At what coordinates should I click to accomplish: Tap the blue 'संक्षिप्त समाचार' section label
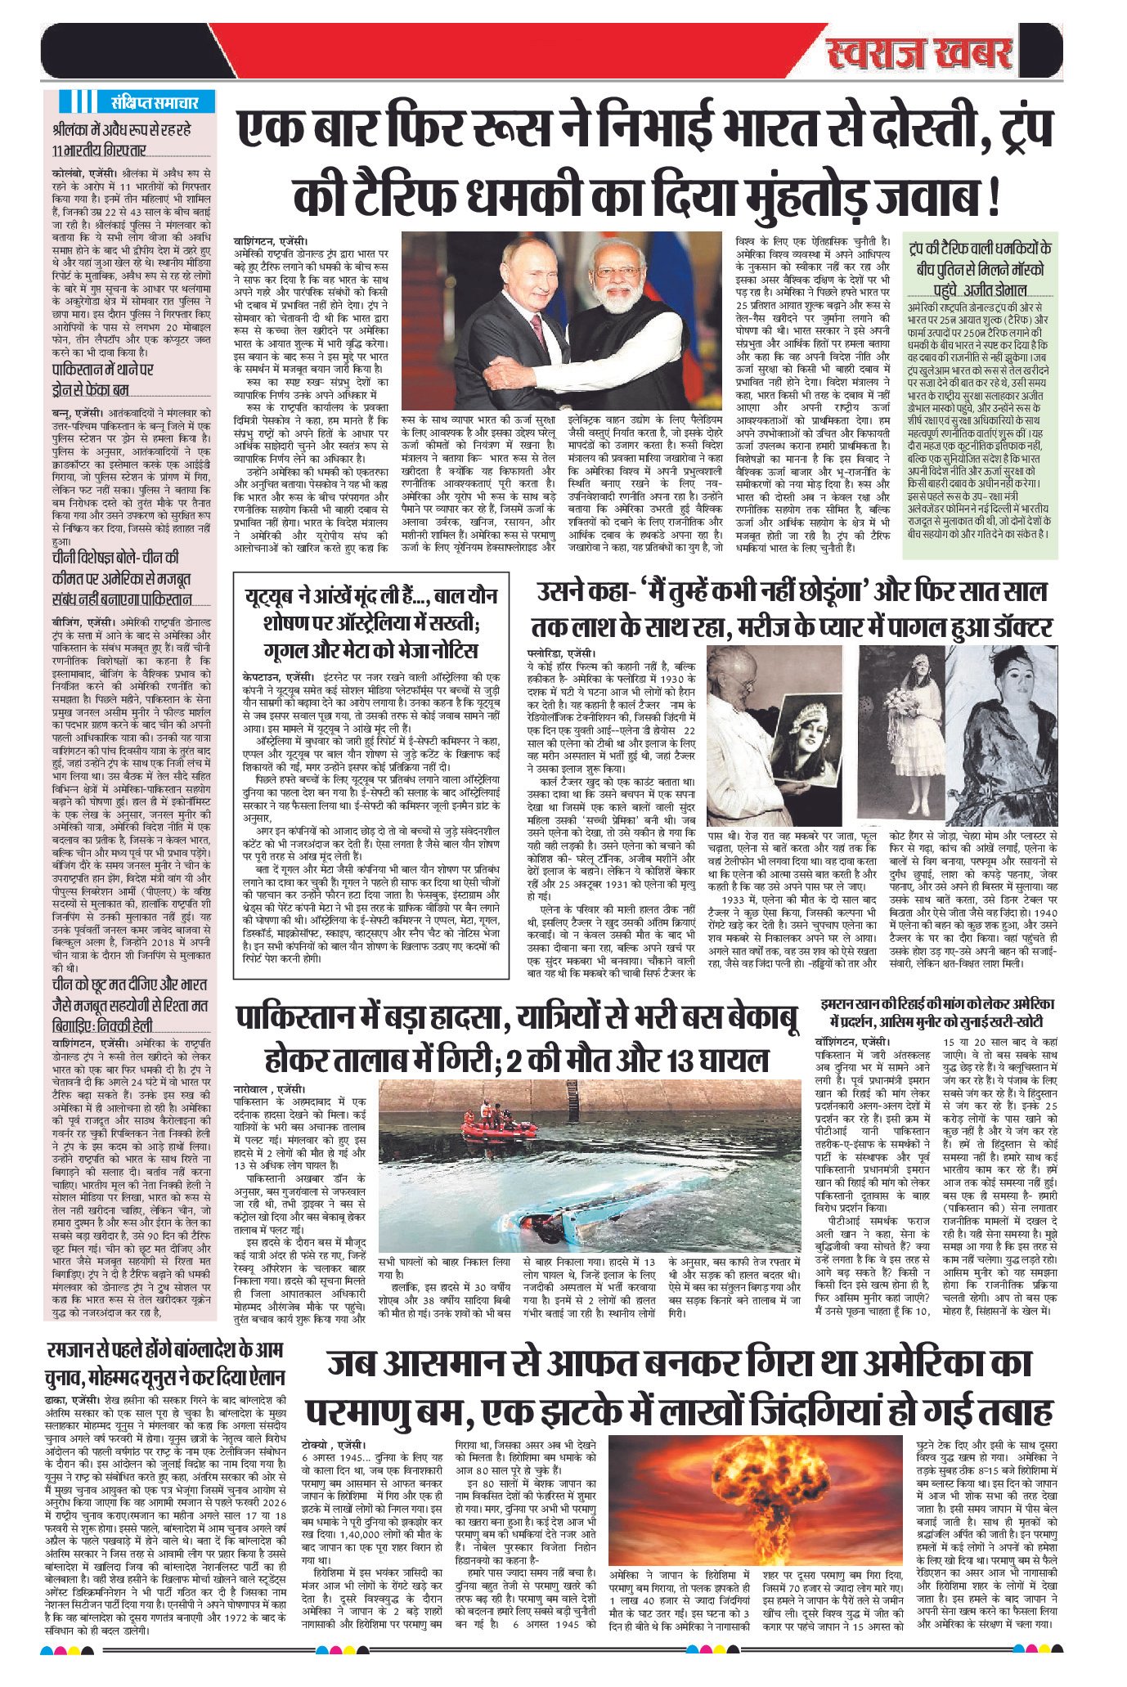pos(153,103)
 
